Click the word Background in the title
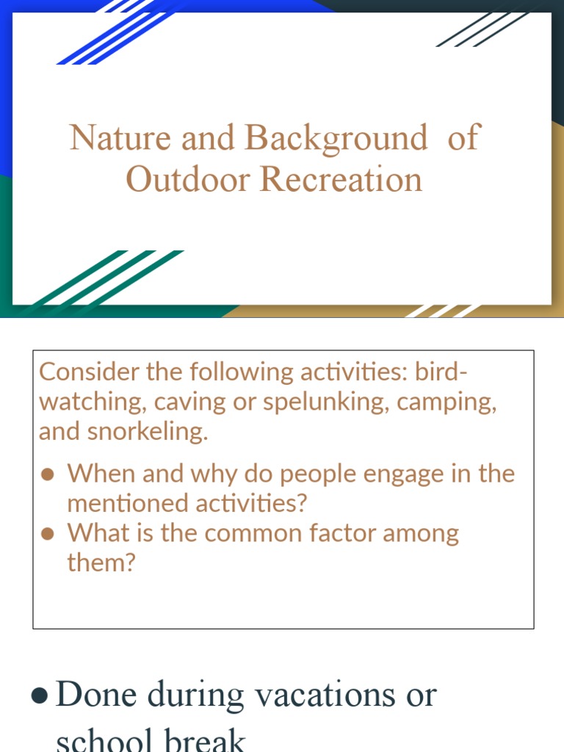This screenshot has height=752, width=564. [336, 138]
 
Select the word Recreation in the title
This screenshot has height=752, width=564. [341, 180]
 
